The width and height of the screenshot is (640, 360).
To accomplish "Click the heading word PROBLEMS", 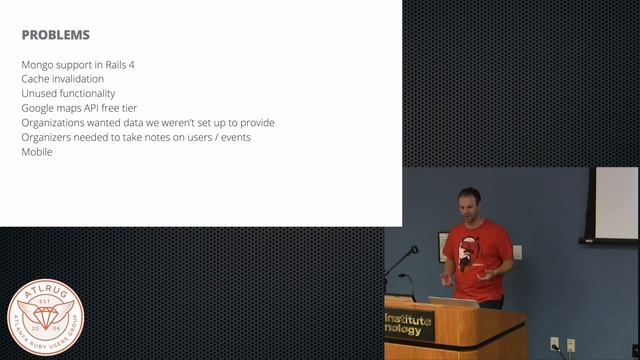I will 55,35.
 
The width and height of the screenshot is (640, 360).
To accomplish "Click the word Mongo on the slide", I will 38,65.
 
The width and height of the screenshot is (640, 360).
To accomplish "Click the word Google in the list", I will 40,108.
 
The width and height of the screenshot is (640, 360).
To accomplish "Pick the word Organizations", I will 58,123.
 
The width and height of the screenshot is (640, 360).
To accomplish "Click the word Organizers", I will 50,137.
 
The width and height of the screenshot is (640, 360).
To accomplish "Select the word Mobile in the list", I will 37,152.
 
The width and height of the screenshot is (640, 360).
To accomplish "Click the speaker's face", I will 470,204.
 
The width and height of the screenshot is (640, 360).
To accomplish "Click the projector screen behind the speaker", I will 612,204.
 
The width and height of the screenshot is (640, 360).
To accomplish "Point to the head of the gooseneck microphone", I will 413,249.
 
